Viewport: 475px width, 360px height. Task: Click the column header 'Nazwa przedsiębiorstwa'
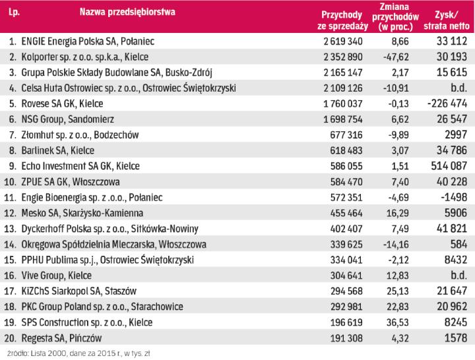coord(127,13)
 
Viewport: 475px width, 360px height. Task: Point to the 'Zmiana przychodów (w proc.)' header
coord(396,17)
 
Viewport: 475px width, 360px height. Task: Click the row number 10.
coord(11,181)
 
